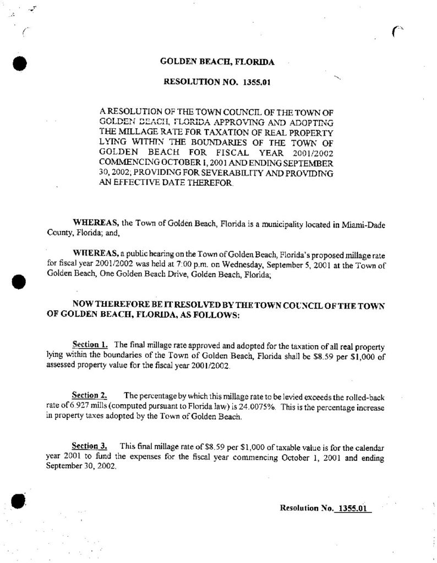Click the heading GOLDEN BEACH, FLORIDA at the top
click(x=217, y=62)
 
